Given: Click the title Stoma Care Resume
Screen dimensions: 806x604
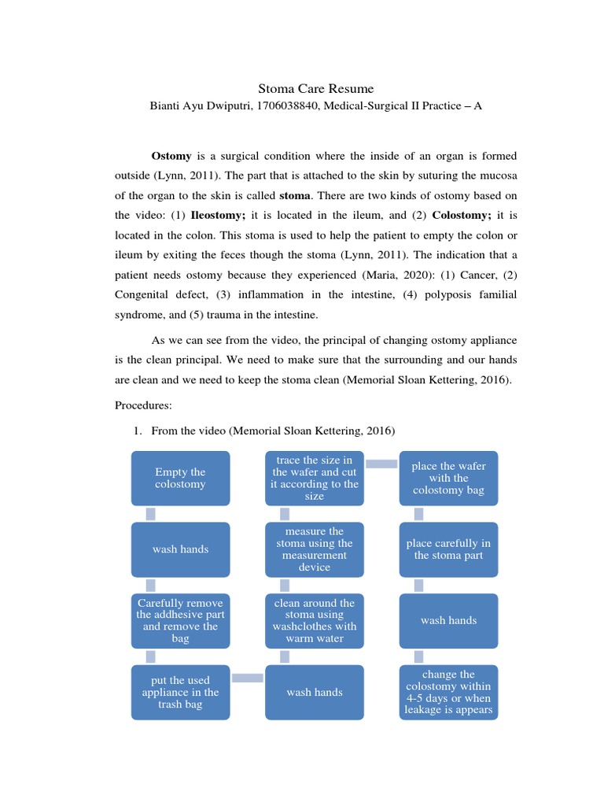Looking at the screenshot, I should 316,89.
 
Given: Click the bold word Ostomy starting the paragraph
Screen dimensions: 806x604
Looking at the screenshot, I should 171,156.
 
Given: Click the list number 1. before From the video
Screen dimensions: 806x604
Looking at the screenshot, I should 136,431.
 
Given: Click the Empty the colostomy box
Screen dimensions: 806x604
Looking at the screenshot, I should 180,478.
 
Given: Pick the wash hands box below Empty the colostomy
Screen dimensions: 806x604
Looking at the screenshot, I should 180,549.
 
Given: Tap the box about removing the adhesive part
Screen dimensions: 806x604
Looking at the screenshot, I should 180,620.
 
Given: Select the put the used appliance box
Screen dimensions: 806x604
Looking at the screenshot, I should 180,692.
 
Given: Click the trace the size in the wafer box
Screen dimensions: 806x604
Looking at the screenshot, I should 315,478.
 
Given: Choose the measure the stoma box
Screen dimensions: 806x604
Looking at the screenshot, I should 315,549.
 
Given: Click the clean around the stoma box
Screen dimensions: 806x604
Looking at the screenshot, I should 315,620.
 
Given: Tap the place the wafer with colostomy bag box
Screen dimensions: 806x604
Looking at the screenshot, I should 448,478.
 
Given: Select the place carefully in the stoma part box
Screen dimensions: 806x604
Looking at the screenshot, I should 448,549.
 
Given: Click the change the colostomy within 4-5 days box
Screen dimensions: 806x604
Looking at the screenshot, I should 448,692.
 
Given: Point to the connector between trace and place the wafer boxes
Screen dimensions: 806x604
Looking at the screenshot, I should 381,464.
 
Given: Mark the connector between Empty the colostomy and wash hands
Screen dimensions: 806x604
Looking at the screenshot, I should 151,513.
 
